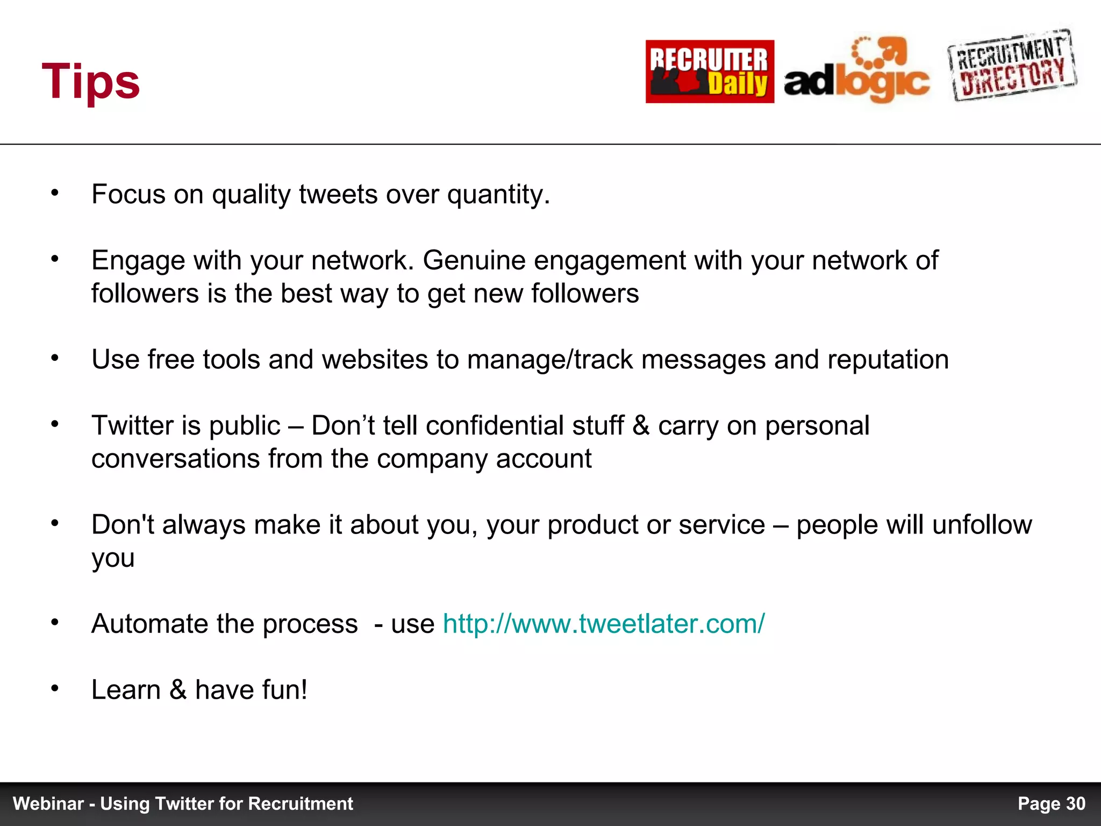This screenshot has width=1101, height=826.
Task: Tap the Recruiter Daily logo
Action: (710, 72)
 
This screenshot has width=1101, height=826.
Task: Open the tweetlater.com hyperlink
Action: (603, 624)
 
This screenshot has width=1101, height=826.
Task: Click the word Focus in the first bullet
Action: (128, 194)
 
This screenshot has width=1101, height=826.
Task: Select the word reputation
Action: (888, 360)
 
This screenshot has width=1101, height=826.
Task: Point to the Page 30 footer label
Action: (1051, 803)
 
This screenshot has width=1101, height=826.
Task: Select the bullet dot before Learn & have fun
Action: (54, 688)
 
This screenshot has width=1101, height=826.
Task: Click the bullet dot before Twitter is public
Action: (54, 424)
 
